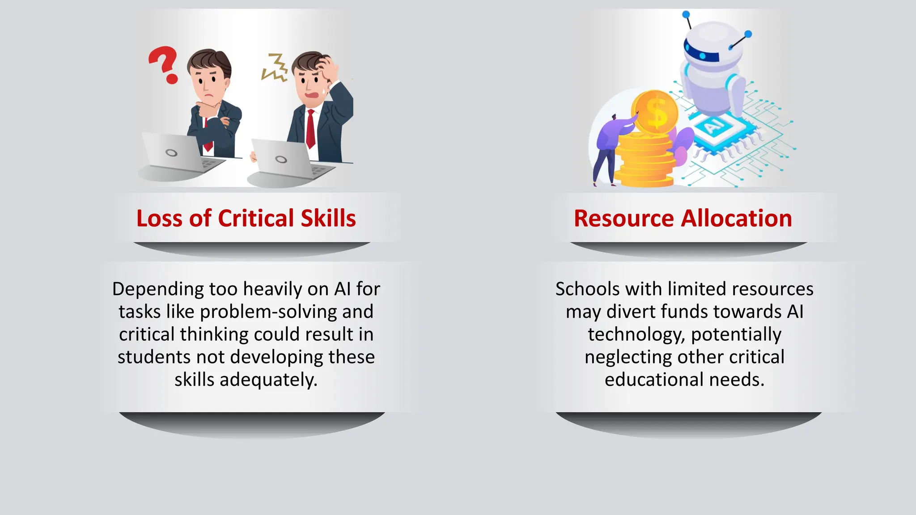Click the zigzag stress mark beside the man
(275, 68)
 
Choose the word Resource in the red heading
(623, 219)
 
